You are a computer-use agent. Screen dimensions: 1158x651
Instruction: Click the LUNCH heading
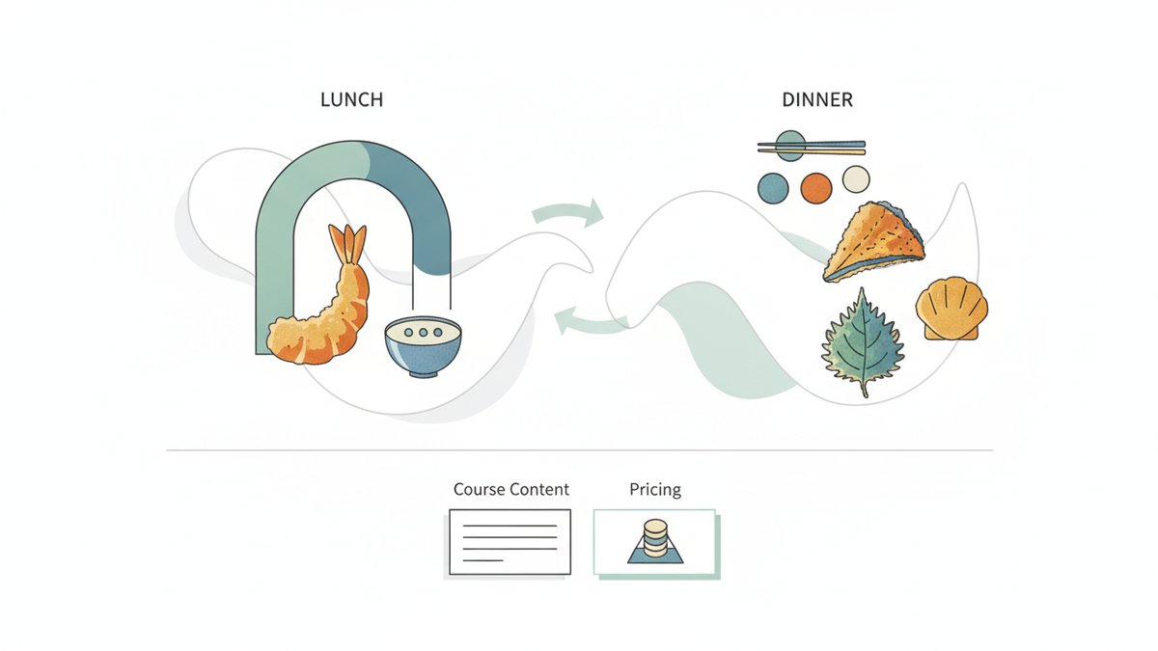351,99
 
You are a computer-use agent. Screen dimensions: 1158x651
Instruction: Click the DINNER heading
817,99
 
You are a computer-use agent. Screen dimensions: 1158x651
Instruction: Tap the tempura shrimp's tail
348,243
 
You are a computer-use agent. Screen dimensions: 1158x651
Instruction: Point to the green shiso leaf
863,341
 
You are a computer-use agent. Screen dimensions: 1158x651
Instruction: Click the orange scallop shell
951,309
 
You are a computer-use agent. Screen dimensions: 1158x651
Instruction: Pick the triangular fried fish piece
873,242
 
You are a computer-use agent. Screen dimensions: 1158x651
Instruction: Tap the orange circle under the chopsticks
816,188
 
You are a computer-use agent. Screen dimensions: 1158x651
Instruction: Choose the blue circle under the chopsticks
773,188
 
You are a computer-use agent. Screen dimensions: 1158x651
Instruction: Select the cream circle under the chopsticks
856,179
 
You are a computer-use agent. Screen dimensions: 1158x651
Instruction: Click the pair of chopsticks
812,148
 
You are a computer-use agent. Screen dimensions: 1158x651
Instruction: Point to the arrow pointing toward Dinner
568,211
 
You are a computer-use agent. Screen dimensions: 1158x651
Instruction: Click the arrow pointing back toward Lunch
590,322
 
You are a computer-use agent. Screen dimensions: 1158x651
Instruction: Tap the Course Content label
510,489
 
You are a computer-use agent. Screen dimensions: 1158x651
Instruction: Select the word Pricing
655,490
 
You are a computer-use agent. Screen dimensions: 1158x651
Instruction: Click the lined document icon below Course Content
510,542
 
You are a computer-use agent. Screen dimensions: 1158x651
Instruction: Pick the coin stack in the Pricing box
655,539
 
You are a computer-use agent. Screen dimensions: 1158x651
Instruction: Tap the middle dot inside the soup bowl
423,332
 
